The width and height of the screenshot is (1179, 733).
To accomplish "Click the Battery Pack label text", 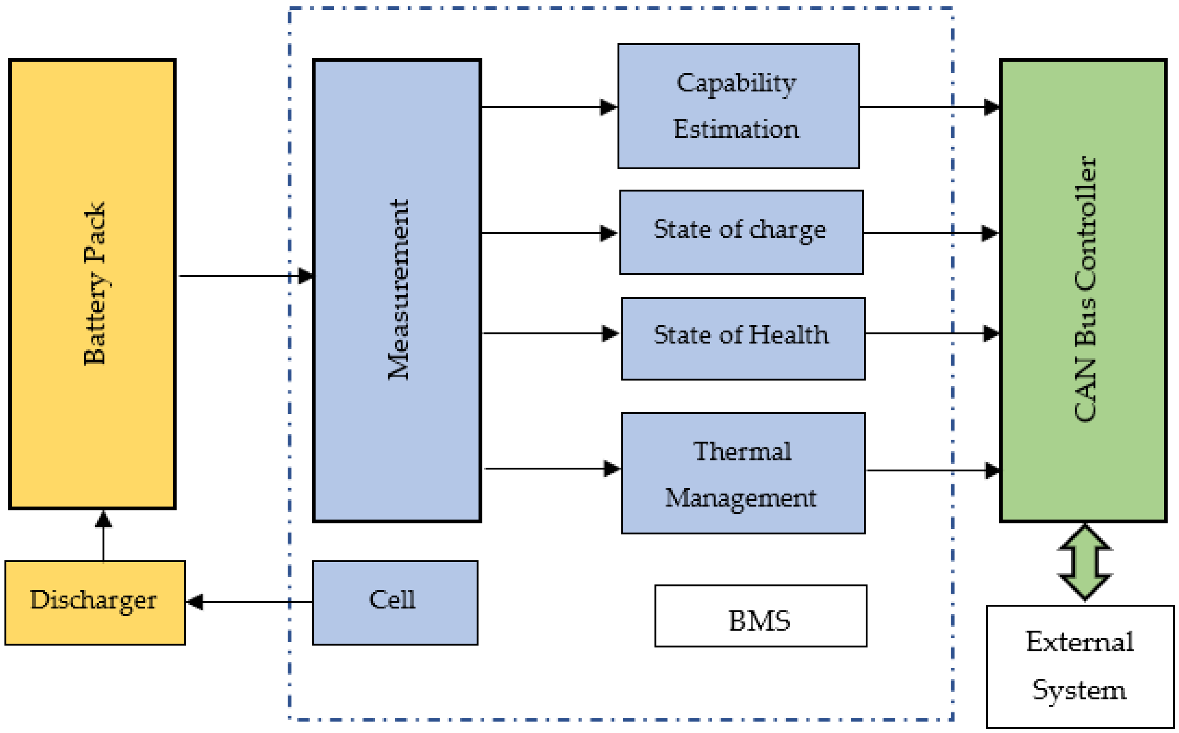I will click(x=94, y=283).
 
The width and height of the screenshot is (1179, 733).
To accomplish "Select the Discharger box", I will click(x=95, y=602).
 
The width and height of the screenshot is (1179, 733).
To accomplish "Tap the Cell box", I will click(x=395, y=602).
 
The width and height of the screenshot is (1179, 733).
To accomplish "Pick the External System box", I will click(x=1080, y=666).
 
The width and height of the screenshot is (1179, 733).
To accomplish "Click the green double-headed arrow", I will click(x=1085, y=562).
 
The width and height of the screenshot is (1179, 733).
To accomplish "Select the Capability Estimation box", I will click(x=738, y=106).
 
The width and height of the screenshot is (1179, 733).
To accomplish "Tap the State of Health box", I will click(x=743, y=338).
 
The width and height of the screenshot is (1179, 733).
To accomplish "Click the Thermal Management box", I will click(x=743, y=473).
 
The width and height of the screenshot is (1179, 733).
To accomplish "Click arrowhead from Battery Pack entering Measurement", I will click(x=305, y=276).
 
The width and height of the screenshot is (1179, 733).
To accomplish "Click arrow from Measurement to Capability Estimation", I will click(x=547, y=107).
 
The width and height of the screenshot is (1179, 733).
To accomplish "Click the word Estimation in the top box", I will click(x=736, y=129).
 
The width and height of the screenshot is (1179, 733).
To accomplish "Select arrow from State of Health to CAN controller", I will click(x=930, y=333).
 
